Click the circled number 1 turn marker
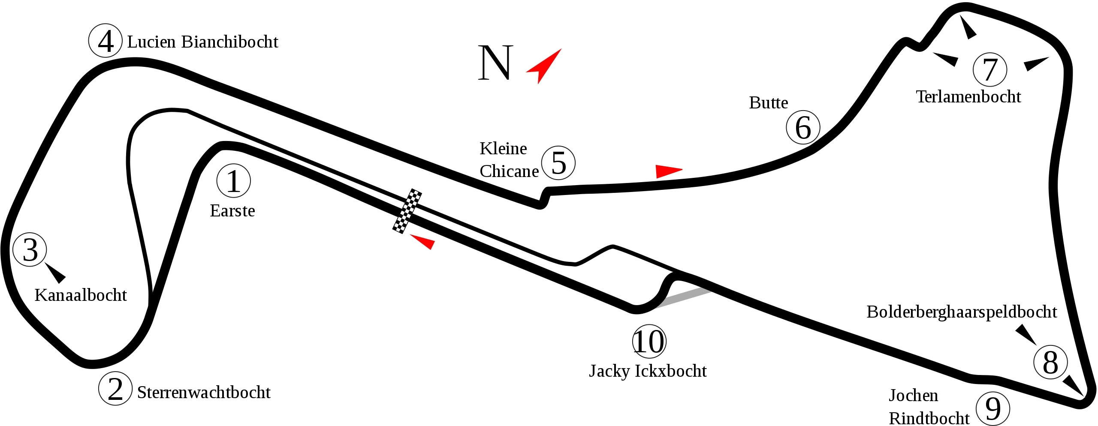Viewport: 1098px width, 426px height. point(234,181)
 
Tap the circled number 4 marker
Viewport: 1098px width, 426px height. point(106,41)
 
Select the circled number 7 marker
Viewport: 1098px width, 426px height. point(990,69)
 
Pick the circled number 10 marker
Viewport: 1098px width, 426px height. point(649,342)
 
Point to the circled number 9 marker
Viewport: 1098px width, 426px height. point(993,408)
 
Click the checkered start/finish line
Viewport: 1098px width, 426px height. point(407,211)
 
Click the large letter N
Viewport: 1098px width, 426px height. point(495,63)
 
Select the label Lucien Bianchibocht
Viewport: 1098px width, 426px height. point(203,42)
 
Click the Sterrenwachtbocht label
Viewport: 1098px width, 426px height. point(204,393)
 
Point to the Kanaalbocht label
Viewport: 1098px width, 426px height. point(81,295)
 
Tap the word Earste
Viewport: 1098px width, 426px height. point(232,211)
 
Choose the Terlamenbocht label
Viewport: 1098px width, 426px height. point(968,97)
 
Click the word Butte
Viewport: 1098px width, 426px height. point(769,103)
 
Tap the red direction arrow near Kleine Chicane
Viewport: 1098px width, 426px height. point(669,171)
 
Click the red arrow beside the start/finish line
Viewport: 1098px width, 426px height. point(423,242)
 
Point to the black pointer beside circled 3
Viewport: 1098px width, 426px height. point(55,273)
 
